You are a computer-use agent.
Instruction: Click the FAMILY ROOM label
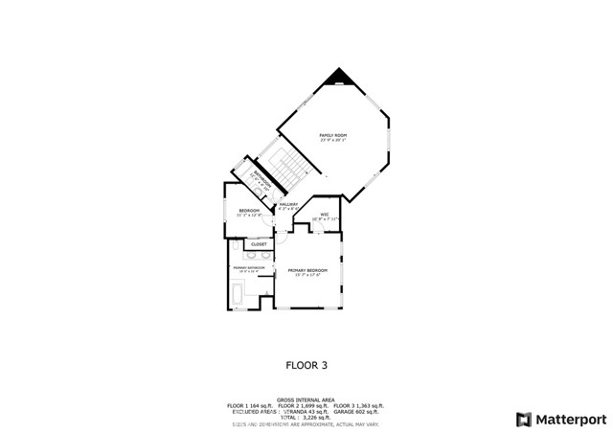click(x=332, y=135)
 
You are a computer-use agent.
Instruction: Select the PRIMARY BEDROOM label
click(x=307, y=271)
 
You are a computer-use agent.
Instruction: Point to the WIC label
click(x=325, y=214)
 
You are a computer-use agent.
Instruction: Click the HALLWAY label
click(x=289, y=204)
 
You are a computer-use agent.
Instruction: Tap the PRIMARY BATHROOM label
click(x=246, y=267)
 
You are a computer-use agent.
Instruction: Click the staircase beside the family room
click(x=281, y=170)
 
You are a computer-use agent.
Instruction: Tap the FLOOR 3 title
click(x=307, y=364)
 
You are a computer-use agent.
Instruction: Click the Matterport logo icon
click(x=523, y=419)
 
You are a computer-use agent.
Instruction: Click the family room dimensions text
click(x=332, y=141)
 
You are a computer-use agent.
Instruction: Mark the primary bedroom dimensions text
click(x=307, y=276)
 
